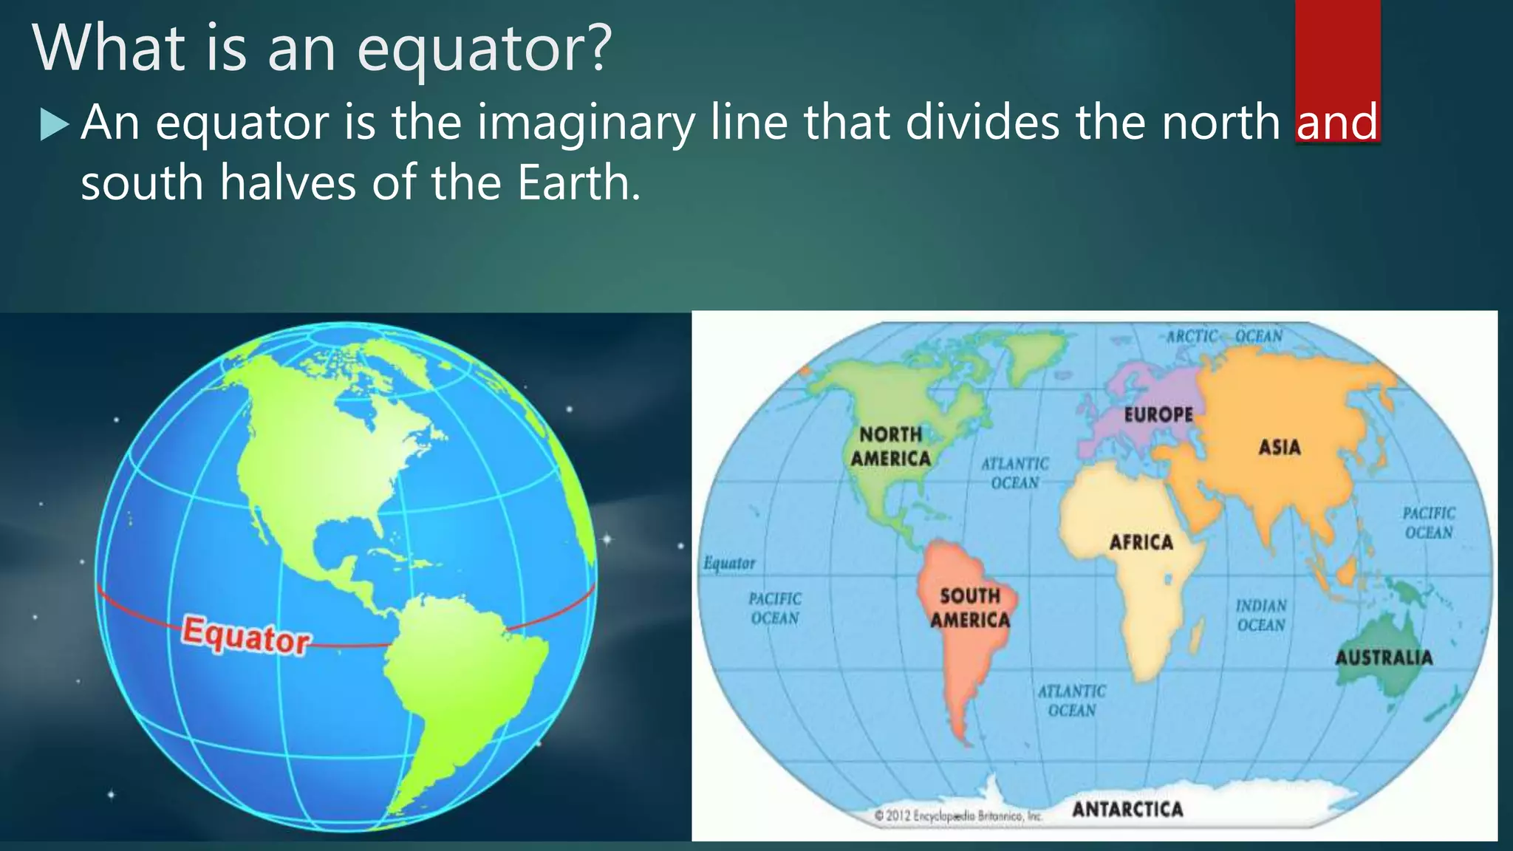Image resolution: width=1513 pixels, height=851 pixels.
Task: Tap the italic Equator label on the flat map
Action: click(x=729, y=564)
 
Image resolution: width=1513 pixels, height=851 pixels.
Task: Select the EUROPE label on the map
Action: click(x=1158, y=414)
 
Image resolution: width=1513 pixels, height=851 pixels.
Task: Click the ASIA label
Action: click(x=1280, y=447)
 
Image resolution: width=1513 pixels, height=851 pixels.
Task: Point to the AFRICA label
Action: click(x=1141, y=542)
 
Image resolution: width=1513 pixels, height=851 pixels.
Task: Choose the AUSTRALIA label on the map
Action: click(x=1384, y=657)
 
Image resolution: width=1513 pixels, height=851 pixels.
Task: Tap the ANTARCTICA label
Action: click(x=1127, y=809)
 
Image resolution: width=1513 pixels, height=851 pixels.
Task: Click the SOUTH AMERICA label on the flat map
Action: click(x=970, y=607)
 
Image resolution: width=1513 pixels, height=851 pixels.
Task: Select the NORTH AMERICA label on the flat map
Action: click(x=891, y=446)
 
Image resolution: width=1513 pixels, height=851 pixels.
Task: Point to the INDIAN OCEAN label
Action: click(x=1261, y=615)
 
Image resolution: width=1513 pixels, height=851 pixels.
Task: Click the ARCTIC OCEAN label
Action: click(x=1224, y=336)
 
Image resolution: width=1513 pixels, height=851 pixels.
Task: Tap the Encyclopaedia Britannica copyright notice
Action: click(x=957, y=816)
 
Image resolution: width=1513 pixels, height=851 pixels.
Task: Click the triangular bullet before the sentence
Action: click(x=54, y=125)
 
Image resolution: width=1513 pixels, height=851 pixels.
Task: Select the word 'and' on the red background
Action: click(x=1337, y=122)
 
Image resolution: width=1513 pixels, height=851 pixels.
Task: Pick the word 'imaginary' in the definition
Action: click(x=586, y=123)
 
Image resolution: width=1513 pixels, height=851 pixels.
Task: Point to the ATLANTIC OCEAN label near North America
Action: click(x=1015, y=473)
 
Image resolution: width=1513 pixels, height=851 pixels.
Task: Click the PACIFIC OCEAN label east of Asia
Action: click(x=1429, y=522)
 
